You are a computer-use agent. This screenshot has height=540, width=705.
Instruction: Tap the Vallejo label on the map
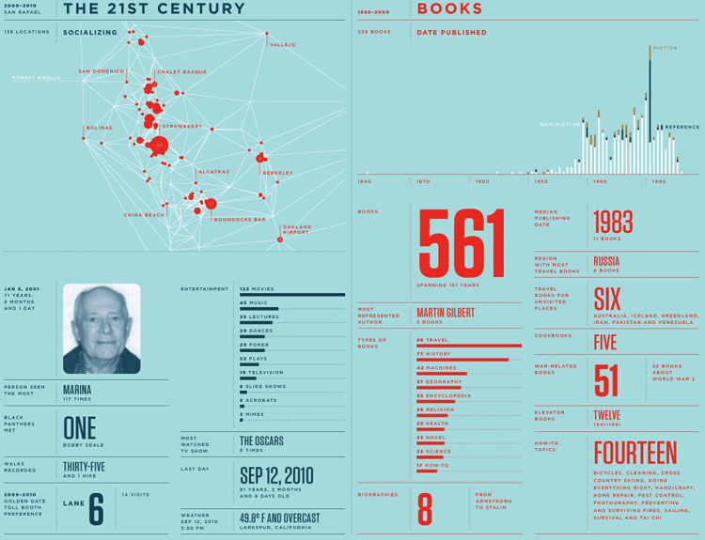pos(282,45)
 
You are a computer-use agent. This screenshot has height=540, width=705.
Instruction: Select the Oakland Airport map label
pos(296,229)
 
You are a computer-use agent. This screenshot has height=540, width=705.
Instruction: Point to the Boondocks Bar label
pos(240,220)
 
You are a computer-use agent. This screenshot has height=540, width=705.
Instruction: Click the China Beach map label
pos(144,215)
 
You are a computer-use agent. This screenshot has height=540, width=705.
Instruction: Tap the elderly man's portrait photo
pos(102,329)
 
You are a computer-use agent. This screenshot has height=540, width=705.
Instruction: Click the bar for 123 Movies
pos(292,295)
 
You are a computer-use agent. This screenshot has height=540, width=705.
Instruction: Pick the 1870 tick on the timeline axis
pos(422,181)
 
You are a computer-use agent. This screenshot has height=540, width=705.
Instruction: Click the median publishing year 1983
pos(613,222)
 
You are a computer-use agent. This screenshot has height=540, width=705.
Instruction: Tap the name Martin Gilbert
pos(446,312)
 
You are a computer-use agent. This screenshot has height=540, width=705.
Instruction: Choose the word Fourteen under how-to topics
pos(634,452)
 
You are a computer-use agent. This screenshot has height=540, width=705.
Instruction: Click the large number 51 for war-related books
pos(606,381)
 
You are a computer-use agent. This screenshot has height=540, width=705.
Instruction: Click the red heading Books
pos(449,9)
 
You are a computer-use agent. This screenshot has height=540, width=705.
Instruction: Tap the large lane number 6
pos(96,510)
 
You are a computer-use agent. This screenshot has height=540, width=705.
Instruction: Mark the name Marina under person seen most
pos(77,389)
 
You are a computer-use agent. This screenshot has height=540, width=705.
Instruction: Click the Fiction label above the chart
pos(665,47)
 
